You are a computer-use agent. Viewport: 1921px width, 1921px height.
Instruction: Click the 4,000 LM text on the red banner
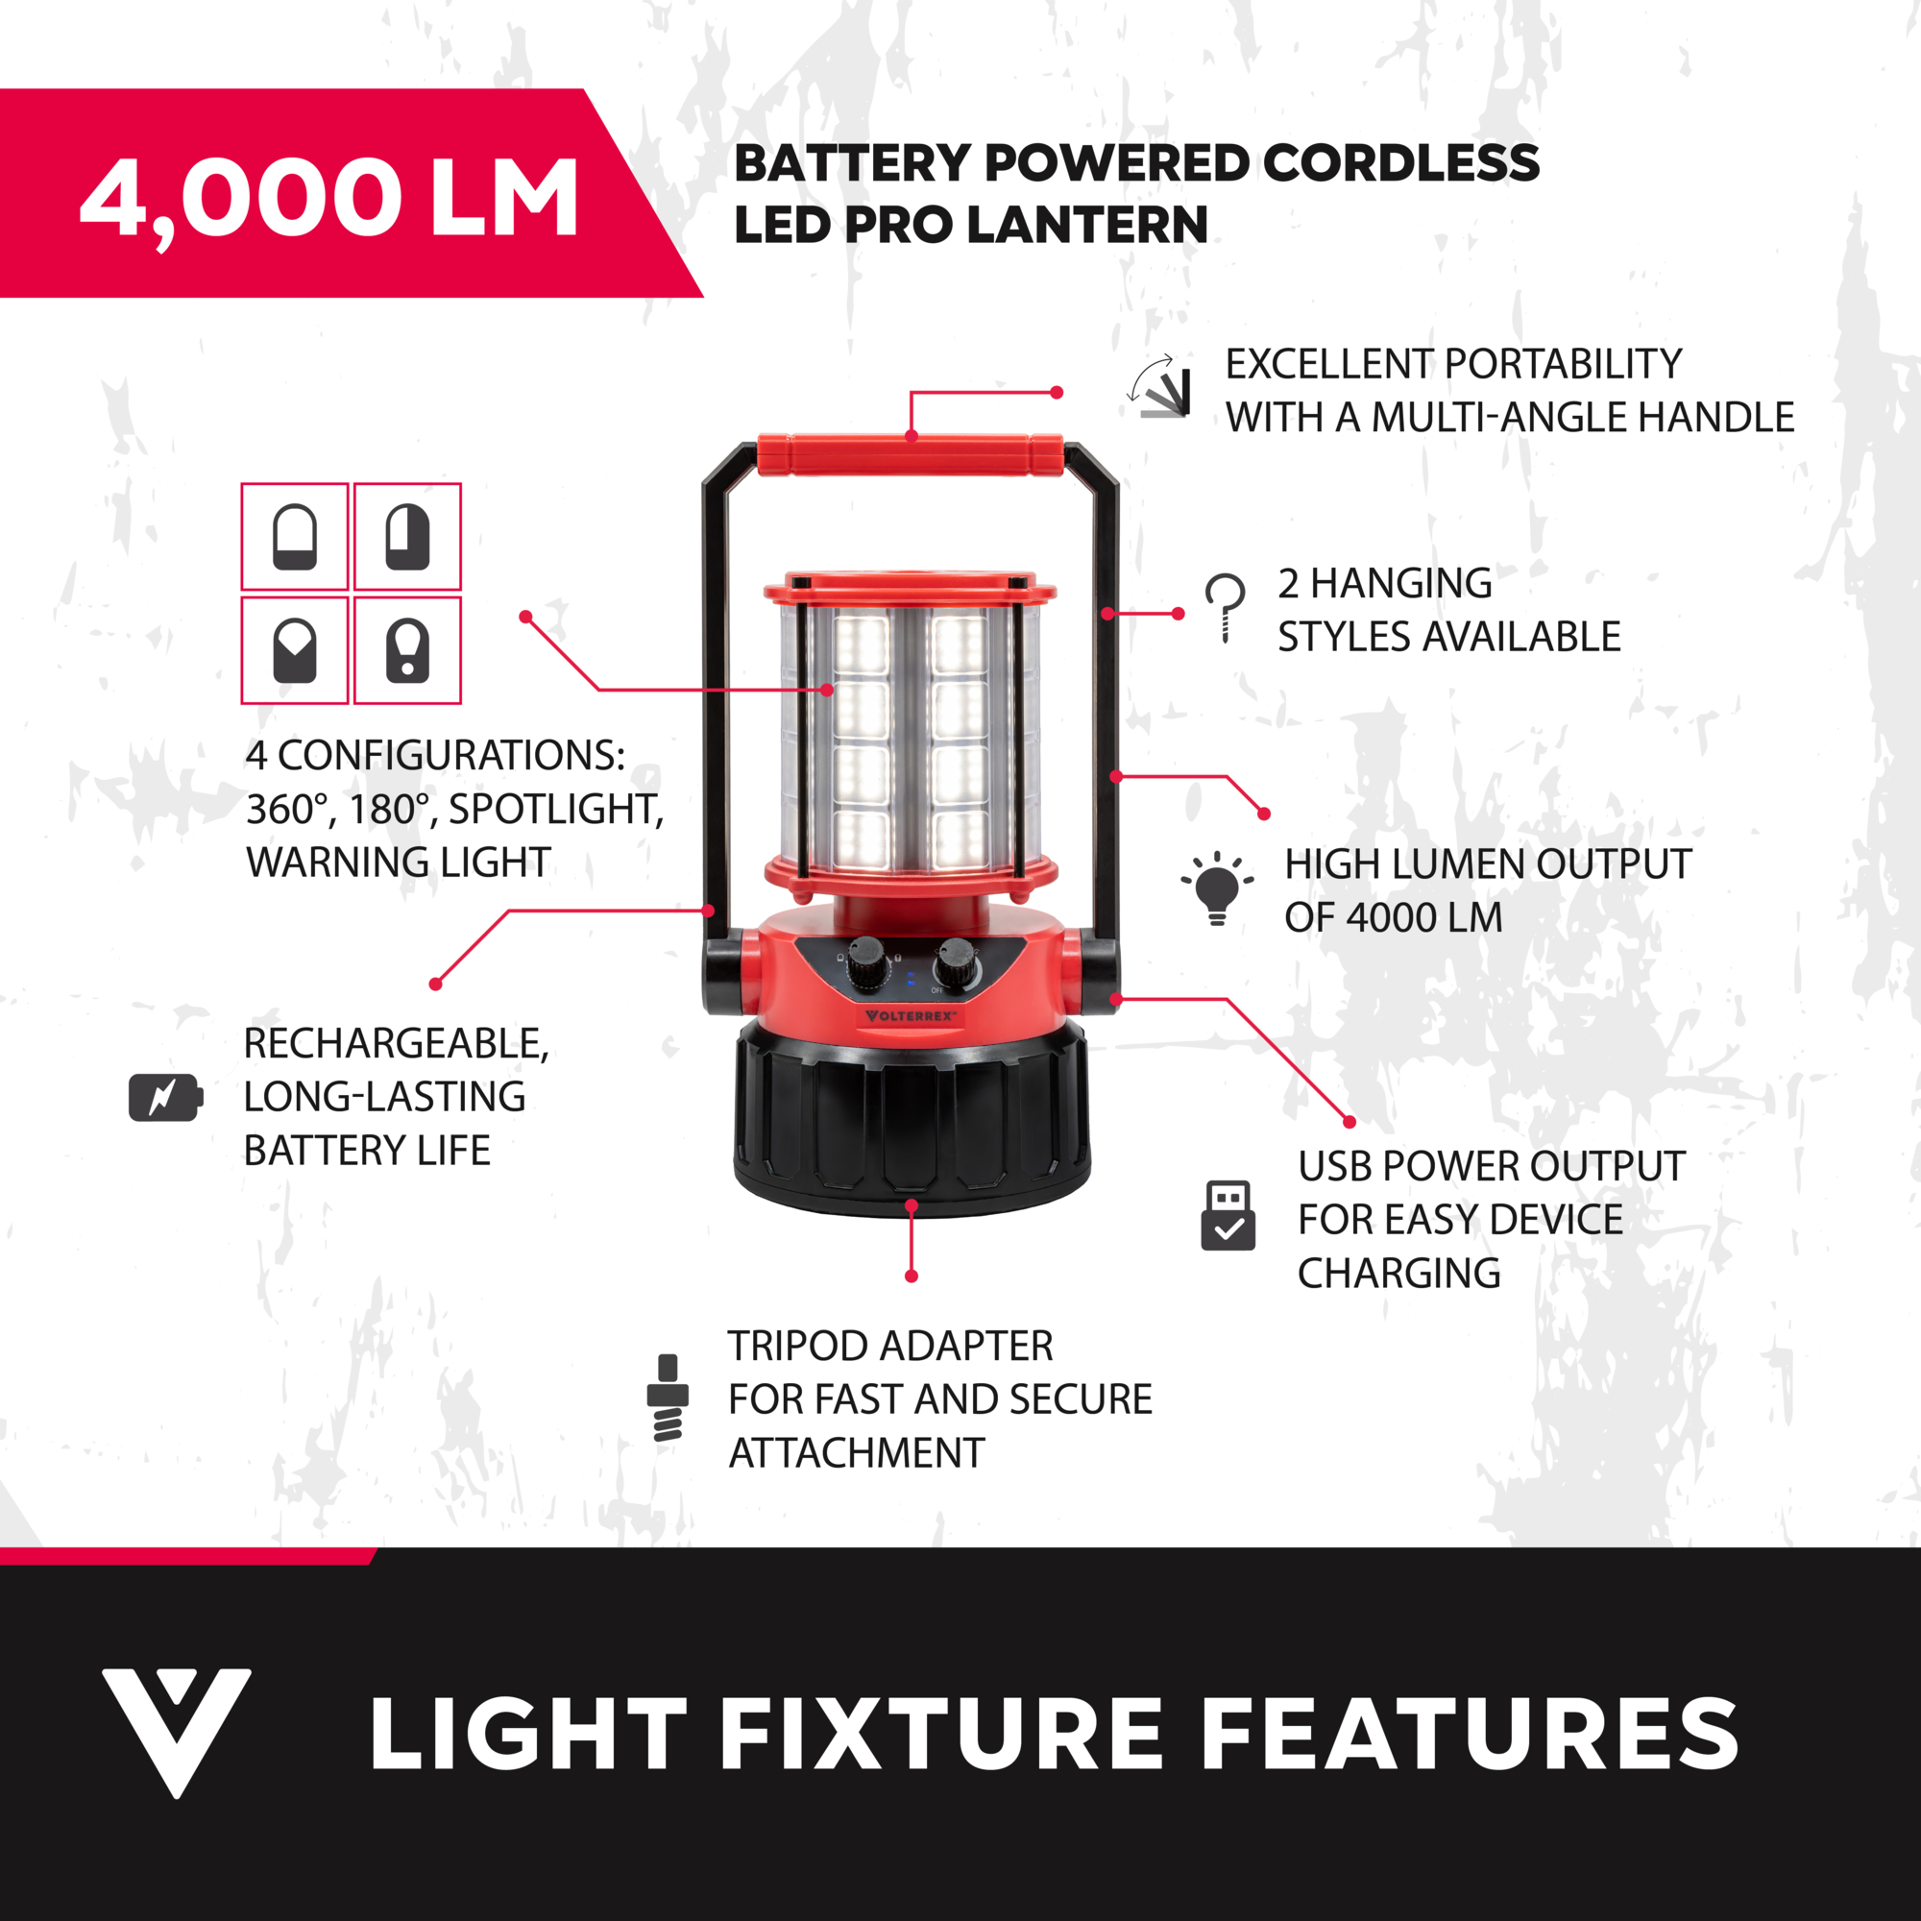tap(329, 200)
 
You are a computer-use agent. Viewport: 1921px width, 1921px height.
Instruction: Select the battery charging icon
tap(166, 1098)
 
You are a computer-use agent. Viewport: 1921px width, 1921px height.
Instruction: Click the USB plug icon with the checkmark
tap(1228, 1215)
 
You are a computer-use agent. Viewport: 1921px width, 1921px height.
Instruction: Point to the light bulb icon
tap(1217, 888)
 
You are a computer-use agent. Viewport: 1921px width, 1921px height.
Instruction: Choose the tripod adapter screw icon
tap(668, 1397)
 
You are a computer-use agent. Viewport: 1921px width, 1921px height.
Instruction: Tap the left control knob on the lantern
tap(866, 960)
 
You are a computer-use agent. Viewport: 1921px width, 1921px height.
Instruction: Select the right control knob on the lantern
tap(957, 961)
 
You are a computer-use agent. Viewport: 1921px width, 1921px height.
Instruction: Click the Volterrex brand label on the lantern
tap(911, 1016)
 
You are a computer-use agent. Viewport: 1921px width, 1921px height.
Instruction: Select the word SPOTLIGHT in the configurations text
tap(556, 810)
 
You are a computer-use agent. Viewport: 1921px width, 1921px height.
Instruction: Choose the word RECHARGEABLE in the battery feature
tap(396, 1044)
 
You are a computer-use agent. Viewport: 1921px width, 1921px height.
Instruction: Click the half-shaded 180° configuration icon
tap(407, 537)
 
